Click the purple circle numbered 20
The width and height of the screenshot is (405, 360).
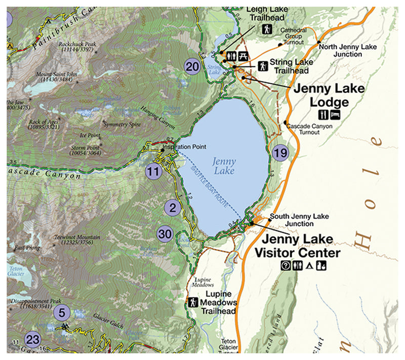point(192,66)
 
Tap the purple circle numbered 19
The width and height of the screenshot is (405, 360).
point(280,152)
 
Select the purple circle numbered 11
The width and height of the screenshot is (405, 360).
point(153,171)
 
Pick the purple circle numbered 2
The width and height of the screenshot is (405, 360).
point(173,208)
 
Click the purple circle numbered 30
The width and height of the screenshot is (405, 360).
point(165,234)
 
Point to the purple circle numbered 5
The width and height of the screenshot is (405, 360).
point(62,312)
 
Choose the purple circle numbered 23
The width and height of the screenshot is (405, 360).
point(32,339)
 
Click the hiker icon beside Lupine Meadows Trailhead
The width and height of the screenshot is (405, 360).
point(192,302)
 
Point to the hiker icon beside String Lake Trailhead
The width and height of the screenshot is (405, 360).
point(263,65)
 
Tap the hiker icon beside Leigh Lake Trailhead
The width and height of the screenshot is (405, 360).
point(266,30)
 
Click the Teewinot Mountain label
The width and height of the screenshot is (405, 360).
point(77,239)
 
